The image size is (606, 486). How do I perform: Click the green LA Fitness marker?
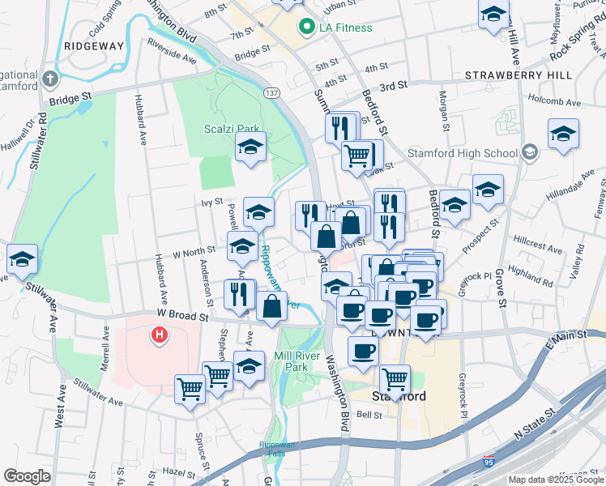click(x=307, y=28)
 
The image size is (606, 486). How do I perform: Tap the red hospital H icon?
click(x=160, y=333)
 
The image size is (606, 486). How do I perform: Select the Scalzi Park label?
click(x=231, y=128)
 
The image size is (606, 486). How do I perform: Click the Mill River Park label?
click(x=298, y=360)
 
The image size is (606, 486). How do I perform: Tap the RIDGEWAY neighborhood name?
click(x=95, y=46)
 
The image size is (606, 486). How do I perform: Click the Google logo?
click(x=28, y=476)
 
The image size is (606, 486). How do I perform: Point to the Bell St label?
click(x=369, y=414)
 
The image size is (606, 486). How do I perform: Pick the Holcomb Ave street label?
click(x=554, y=103)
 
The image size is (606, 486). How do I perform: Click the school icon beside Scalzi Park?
click(x=251, y=147)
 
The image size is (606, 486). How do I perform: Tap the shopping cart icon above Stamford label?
click(x=395, y=378)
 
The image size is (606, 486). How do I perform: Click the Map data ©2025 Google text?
click(x=554, y=480)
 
